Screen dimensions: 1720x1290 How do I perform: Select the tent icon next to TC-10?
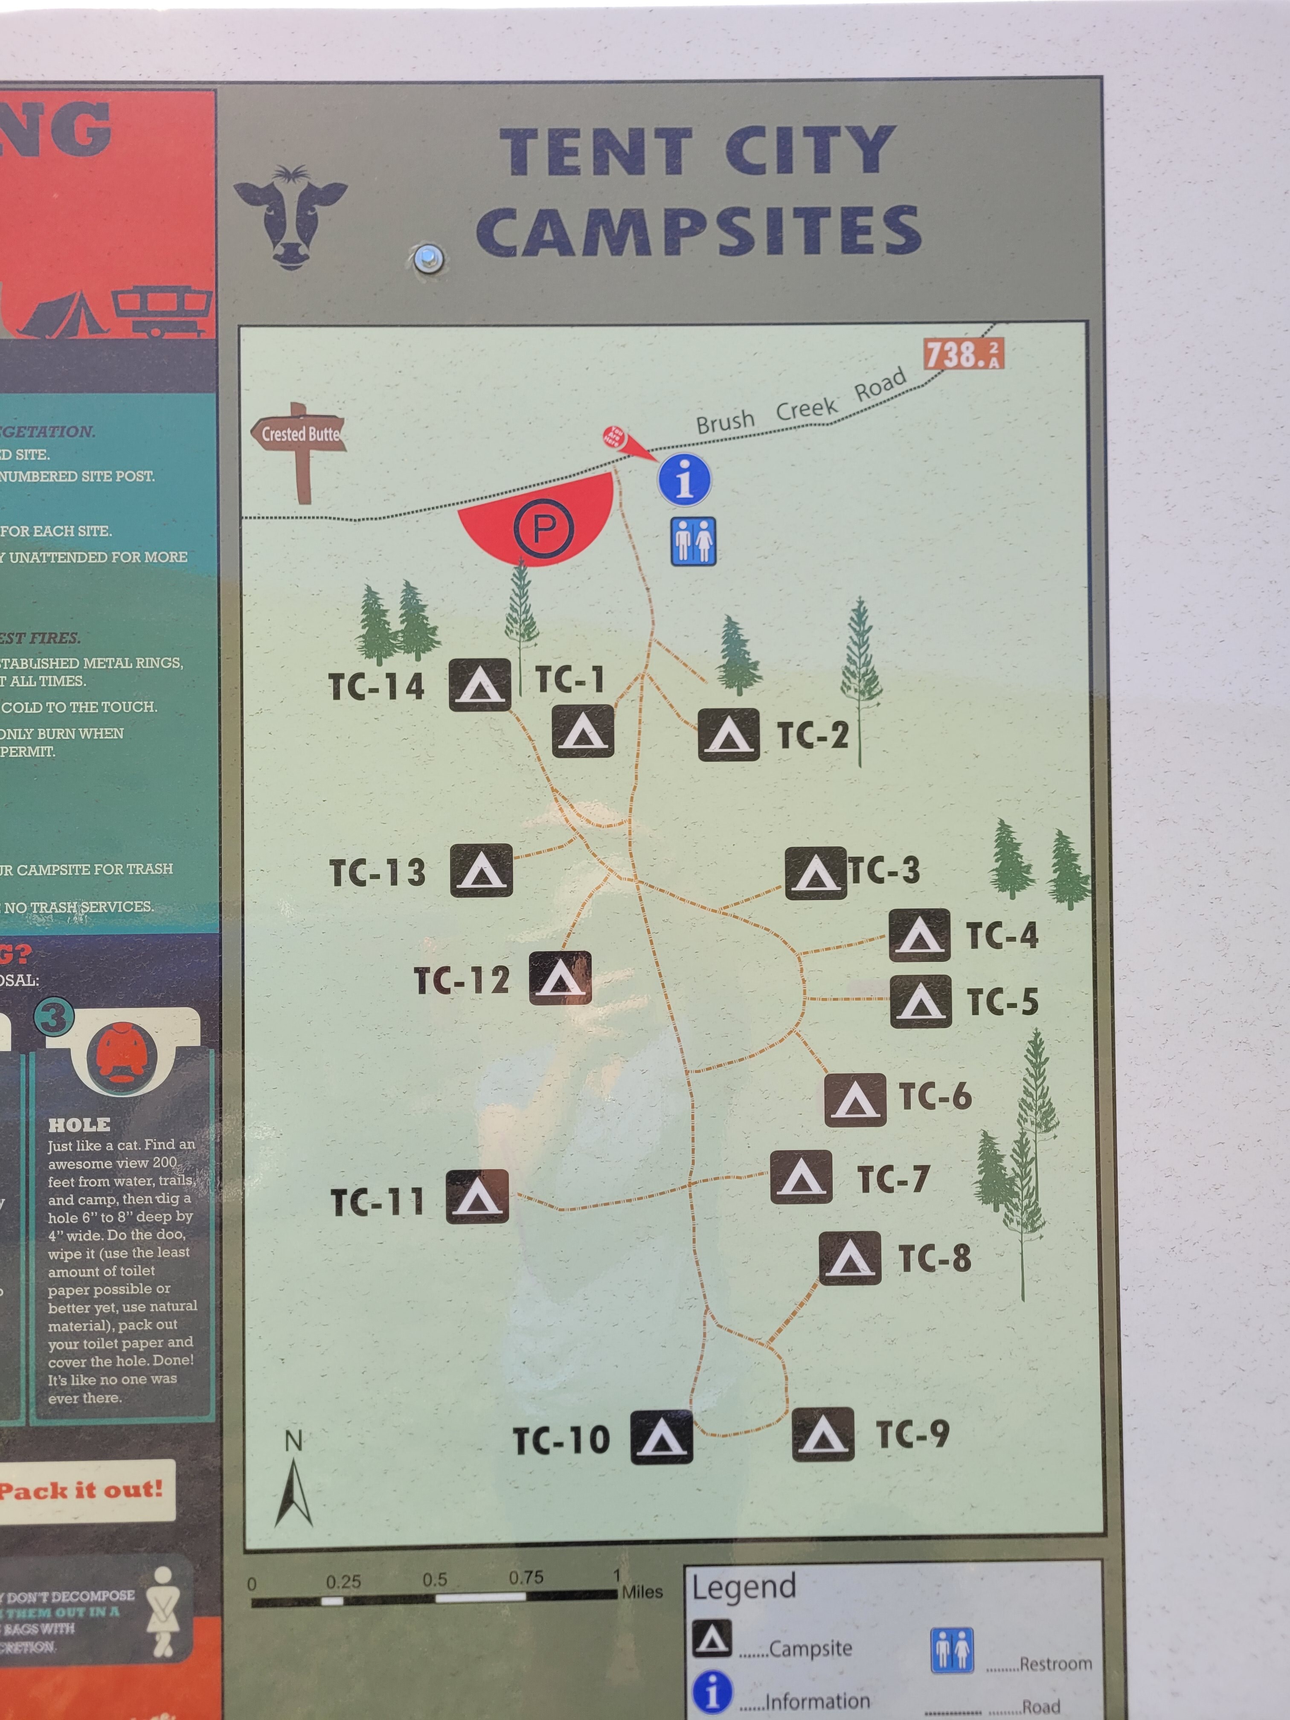tap(661, 1437)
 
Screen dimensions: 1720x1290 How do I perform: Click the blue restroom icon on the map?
tap(693, 541)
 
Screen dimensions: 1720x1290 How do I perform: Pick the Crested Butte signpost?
tap(299, 447)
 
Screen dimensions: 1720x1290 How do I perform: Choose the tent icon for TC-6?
tap(854, 1099)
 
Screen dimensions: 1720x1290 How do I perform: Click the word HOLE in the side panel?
tap(79, 1124)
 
